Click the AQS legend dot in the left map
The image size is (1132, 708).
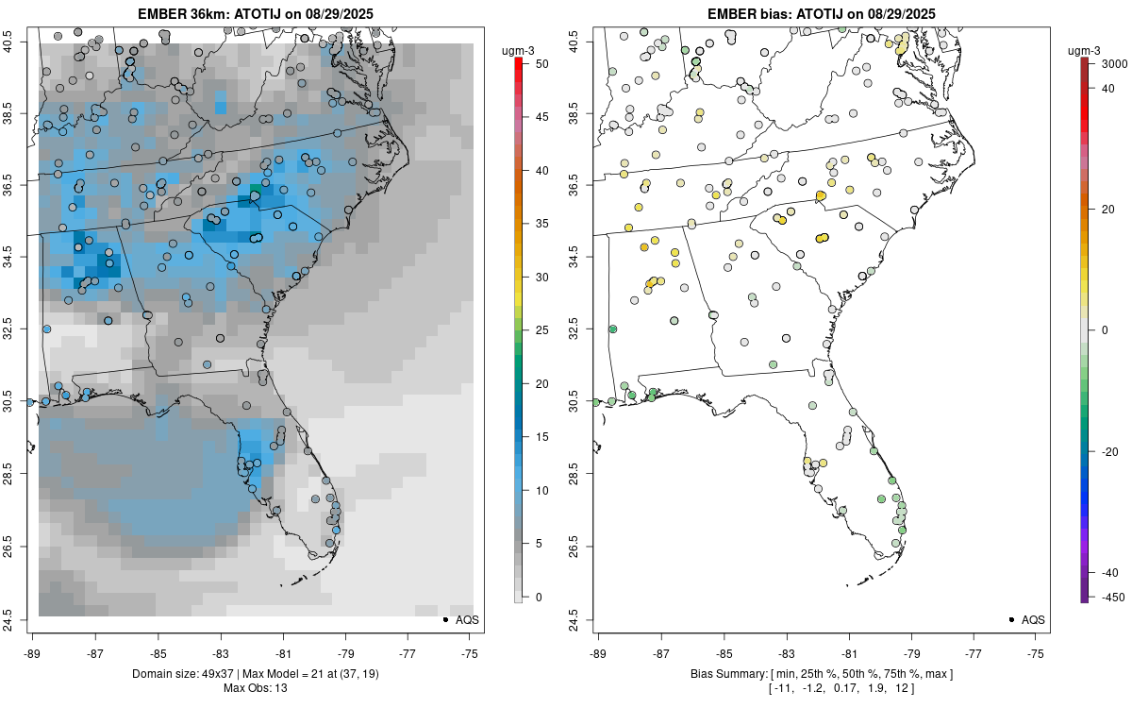[x=444, y=619]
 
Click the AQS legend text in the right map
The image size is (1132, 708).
[x=1034, y=619]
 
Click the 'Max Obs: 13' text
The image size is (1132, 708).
[x=255, y=687]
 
